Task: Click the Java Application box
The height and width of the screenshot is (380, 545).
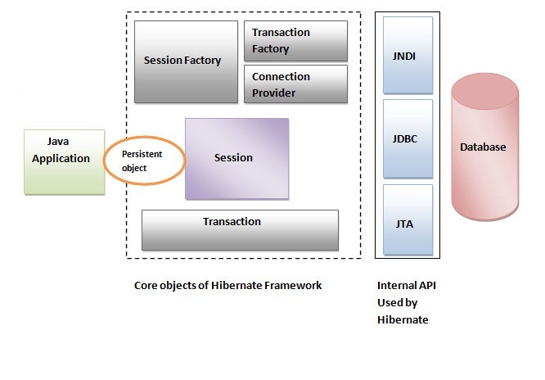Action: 65,161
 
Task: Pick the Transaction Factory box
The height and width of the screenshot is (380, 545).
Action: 295,41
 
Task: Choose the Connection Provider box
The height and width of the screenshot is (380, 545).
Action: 295,84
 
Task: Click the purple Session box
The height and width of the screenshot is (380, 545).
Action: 236,158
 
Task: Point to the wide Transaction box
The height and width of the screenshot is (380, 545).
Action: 240,229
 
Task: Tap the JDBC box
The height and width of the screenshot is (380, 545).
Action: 407,138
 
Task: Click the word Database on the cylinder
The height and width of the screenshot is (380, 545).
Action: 483,147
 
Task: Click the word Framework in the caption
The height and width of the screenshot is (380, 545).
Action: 292,286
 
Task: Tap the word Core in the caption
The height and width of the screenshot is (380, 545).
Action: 146,286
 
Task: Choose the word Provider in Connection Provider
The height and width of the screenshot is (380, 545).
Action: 274,93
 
